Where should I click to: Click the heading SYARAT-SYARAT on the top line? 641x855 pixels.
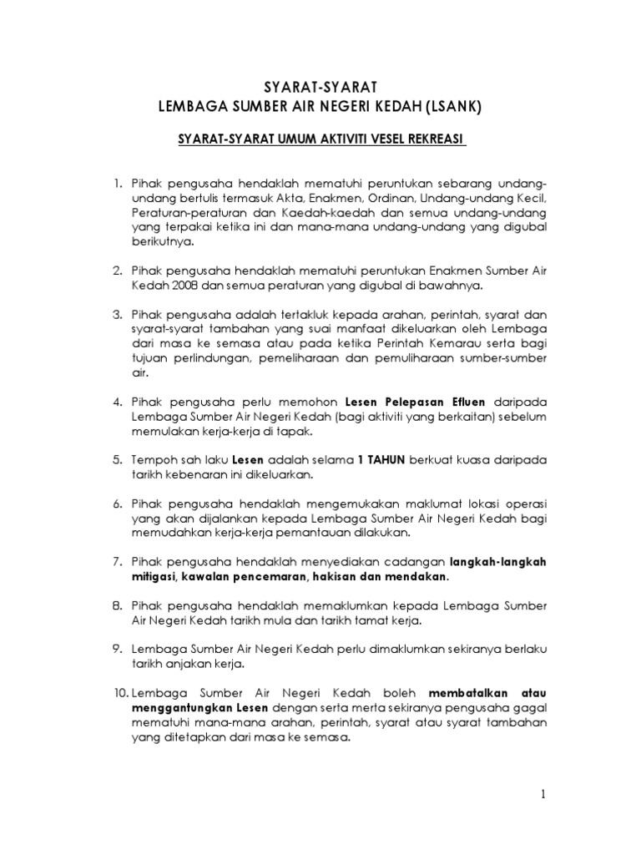pos(320,86)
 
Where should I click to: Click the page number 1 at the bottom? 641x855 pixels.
pos(543,795)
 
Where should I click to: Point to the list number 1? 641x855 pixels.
pos(119,182)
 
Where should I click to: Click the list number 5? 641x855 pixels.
pos(119,459)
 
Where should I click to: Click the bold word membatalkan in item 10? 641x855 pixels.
pos(467,693)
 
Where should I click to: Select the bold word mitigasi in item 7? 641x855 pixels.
pos(156,577)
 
